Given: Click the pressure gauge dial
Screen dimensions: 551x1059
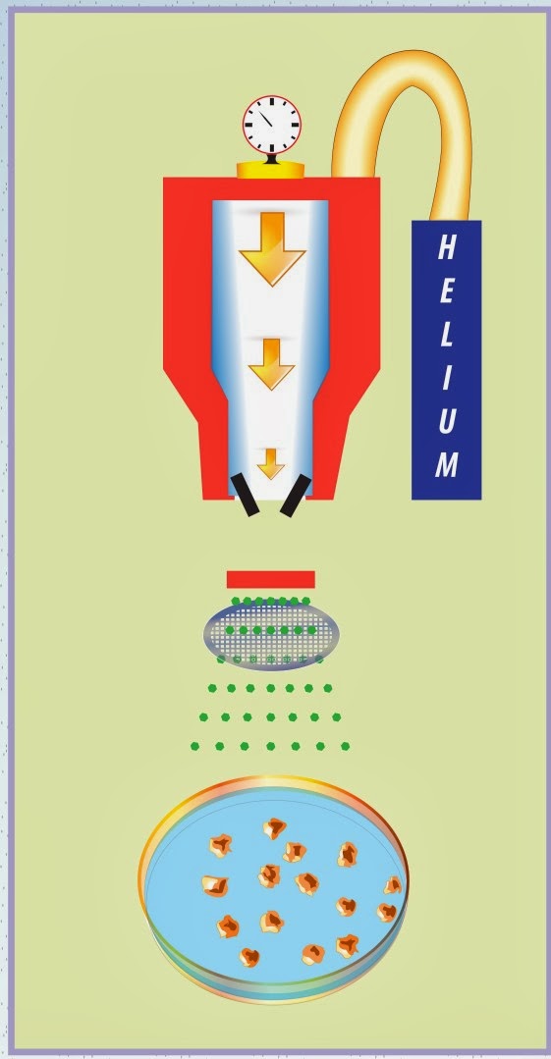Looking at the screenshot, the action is [271, 125].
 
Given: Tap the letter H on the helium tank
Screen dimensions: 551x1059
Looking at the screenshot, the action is [446, 247].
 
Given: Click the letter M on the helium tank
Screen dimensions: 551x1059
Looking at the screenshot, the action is [446, 464].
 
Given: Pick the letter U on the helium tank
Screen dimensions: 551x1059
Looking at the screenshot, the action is [446, 421].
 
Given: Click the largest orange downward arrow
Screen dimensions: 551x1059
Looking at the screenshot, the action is [272, 247].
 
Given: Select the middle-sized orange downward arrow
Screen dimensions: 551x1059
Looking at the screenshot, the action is [271, 363].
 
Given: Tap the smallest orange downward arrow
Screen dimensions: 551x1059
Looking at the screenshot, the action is [271, 463].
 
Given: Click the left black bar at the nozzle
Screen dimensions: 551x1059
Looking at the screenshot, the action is [245, 495].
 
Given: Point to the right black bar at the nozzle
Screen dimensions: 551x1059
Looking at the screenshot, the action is [296, 495].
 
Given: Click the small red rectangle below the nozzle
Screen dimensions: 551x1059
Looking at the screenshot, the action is [270, 579].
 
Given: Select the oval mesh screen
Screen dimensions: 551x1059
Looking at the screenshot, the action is [271, 634].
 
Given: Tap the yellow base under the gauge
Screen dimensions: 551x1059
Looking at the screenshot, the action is [270, 170].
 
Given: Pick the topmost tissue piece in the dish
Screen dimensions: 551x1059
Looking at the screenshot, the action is [274, 828].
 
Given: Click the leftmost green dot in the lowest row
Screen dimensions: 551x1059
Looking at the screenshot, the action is [194, 746].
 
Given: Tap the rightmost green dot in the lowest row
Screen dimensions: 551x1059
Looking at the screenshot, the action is [346, 746].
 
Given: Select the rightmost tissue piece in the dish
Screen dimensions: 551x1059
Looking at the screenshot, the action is [393, 884].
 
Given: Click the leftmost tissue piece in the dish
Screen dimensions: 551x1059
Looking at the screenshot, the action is [215, 885].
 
